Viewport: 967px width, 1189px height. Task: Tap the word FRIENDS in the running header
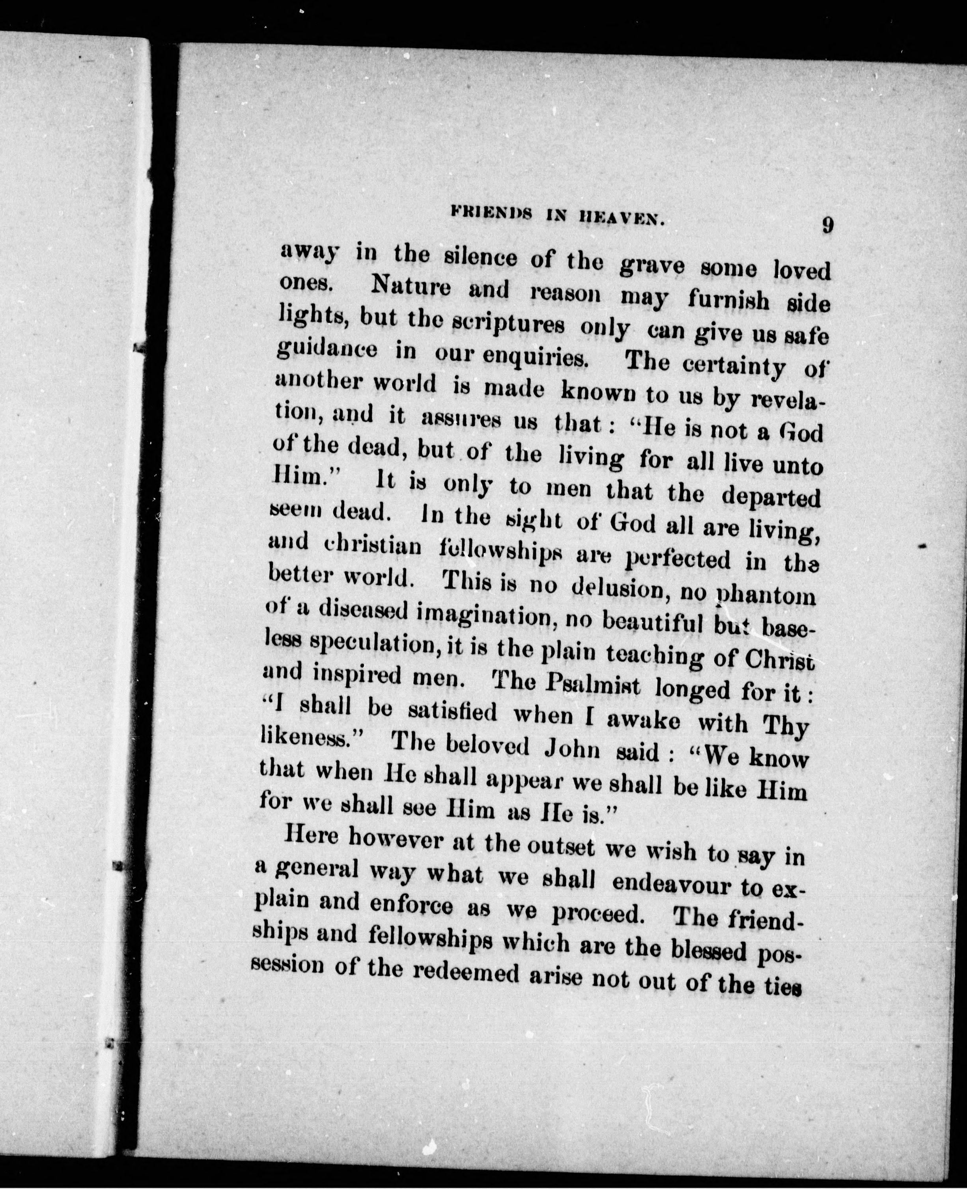[491, 215]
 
